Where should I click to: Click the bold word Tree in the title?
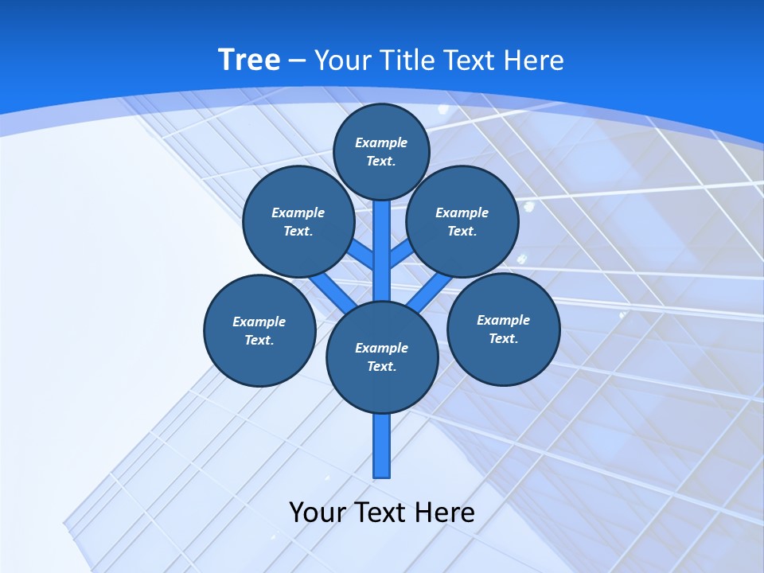pos(249,60)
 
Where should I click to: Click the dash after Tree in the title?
pos(298,60)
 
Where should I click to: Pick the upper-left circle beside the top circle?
pos(298,222)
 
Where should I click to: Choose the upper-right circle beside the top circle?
pos(462,222)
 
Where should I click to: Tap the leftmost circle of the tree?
pos(259,330)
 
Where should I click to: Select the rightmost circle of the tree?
pos(503,329)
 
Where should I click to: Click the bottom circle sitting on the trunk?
pos(382,357)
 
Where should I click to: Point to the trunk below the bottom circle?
pos(382,446)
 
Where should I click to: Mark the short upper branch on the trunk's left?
pos(362,255)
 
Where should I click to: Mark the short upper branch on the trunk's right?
pos(401,254)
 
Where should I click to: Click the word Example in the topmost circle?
pos(381,142)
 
